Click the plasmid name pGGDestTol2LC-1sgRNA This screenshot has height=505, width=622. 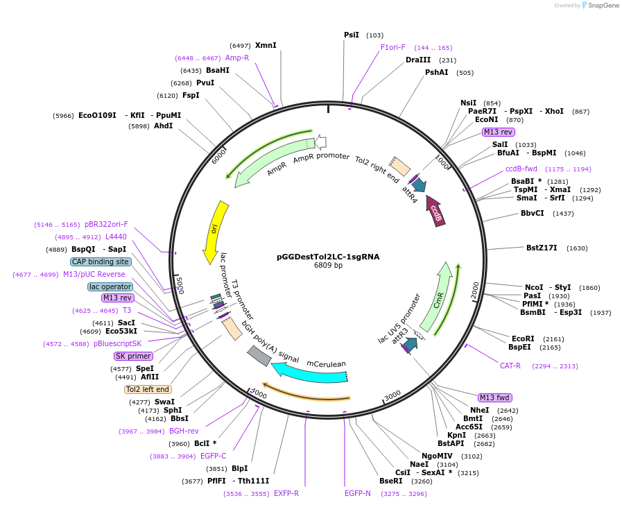[328, 256]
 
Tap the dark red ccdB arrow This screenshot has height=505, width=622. [435, 210]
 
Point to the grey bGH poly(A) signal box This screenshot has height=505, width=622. [259, 356]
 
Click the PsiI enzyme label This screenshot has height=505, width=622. [352, 35]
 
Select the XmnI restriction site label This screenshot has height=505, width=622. [266, 45]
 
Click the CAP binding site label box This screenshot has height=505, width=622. [100, 262]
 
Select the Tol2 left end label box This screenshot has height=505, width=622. [148, 389]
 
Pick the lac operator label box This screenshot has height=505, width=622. [110, 286]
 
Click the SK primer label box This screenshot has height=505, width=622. [133, 356]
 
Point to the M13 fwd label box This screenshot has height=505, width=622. [495, 397]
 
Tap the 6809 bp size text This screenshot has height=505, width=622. [328, 265]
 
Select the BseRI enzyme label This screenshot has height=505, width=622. [390, 481]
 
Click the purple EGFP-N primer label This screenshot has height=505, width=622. [358, 493]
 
